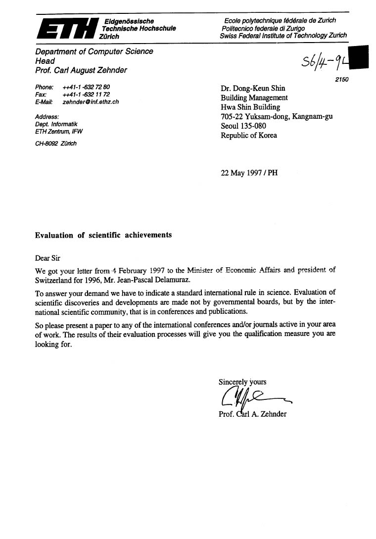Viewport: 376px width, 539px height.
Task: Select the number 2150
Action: click(341, 79)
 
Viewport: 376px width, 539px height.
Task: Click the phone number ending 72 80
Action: click(86, 87)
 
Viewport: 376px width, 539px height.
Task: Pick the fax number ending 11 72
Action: click(86, 95)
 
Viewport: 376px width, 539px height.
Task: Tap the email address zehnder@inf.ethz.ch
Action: click(91, 102)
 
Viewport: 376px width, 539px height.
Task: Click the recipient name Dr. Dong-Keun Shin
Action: click(253, 89)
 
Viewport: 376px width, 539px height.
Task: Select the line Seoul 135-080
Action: click(243, 126)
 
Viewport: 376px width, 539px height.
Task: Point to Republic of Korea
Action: click(249, 135)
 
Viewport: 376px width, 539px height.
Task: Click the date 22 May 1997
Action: click(240, 173)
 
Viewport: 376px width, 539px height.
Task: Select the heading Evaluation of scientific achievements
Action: click(103, 235)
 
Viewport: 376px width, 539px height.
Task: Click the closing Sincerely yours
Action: click(242, 382)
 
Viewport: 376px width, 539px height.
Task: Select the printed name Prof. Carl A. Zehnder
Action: click(252, 414)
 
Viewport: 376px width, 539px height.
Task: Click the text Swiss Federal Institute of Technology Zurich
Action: click(283, 36)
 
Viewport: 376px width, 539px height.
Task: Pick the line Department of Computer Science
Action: click(94, 51)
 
